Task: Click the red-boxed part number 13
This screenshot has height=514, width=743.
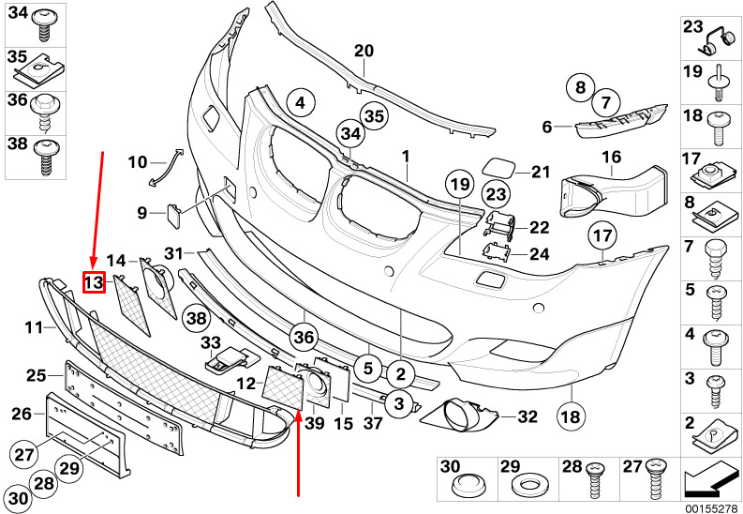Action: click(x=94, y=282)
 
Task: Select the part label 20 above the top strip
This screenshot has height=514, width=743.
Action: click(x=364, y=51)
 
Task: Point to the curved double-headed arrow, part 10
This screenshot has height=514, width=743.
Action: click(x=166, y=167)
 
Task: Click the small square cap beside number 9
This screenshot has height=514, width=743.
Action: click(x=174, y=216)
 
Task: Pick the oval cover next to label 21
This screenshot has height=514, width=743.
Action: click(x=498, y=168)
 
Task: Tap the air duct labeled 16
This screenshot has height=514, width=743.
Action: click(x=614, y=192)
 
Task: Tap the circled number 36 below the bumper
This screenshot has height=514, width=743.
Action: click(x=305, y=337)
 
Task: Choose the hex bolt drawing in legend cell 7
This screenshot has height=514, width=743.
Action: click(x=714, y=261)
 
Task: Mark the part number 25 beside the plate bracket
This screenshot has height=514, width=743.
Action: click(x=36, y=376)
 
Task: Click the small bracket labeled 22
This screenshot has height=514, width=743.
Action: click(x=499, y=225)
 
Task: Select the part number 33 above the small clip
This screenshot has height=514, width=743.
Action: click(x=211, y=341)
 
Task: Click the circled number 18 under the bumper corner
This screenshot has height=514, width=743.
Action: click(x=571, y=416)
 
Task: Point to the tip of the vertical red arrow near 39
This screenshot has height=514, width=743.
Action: click(x=299, y=411)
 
